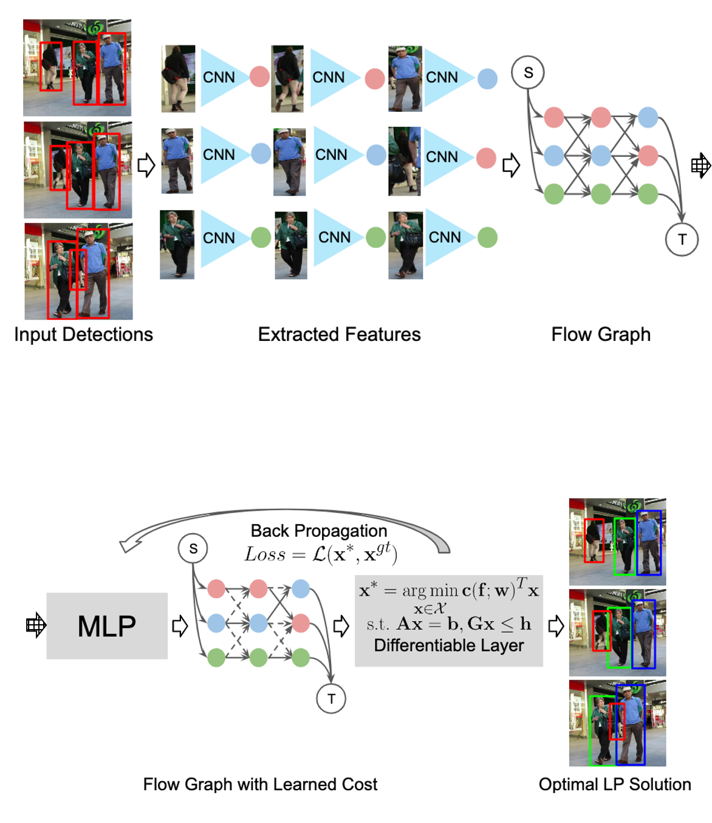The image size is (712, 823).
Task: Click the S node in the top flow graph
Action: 528,73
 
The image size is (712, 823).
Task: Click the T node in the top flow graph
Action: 682,239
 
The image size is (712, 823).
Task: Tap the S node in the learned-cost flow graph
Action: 193,549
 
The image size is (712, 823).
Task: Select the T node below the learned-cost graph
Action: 331,698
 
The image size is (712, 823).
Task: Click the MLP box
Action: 107,626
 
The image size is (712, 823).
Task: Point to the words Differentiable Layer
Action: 448,646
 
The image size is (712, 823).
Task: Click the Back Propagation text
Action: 318,531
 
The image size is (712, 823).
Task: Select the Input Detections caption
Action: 83,334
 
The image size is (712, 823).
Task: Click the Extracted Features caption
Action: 339,334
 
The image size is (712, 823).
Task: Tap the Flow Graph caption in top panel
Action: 600,334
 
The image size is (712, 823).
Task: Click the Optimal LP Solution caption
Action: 615,784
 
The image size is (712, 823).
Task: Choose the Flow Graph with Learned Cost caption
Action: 260,784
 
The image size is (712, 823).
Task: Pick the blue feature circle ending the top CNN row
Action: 487,78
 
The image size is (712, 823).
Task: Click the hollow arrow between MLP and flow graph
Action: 180,626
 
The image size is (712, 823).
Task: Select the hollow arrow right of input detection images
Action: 146,165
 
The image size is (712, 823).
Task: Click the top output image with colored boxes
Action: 617,542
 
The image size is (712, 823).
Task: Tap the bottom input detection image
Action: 78,271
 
